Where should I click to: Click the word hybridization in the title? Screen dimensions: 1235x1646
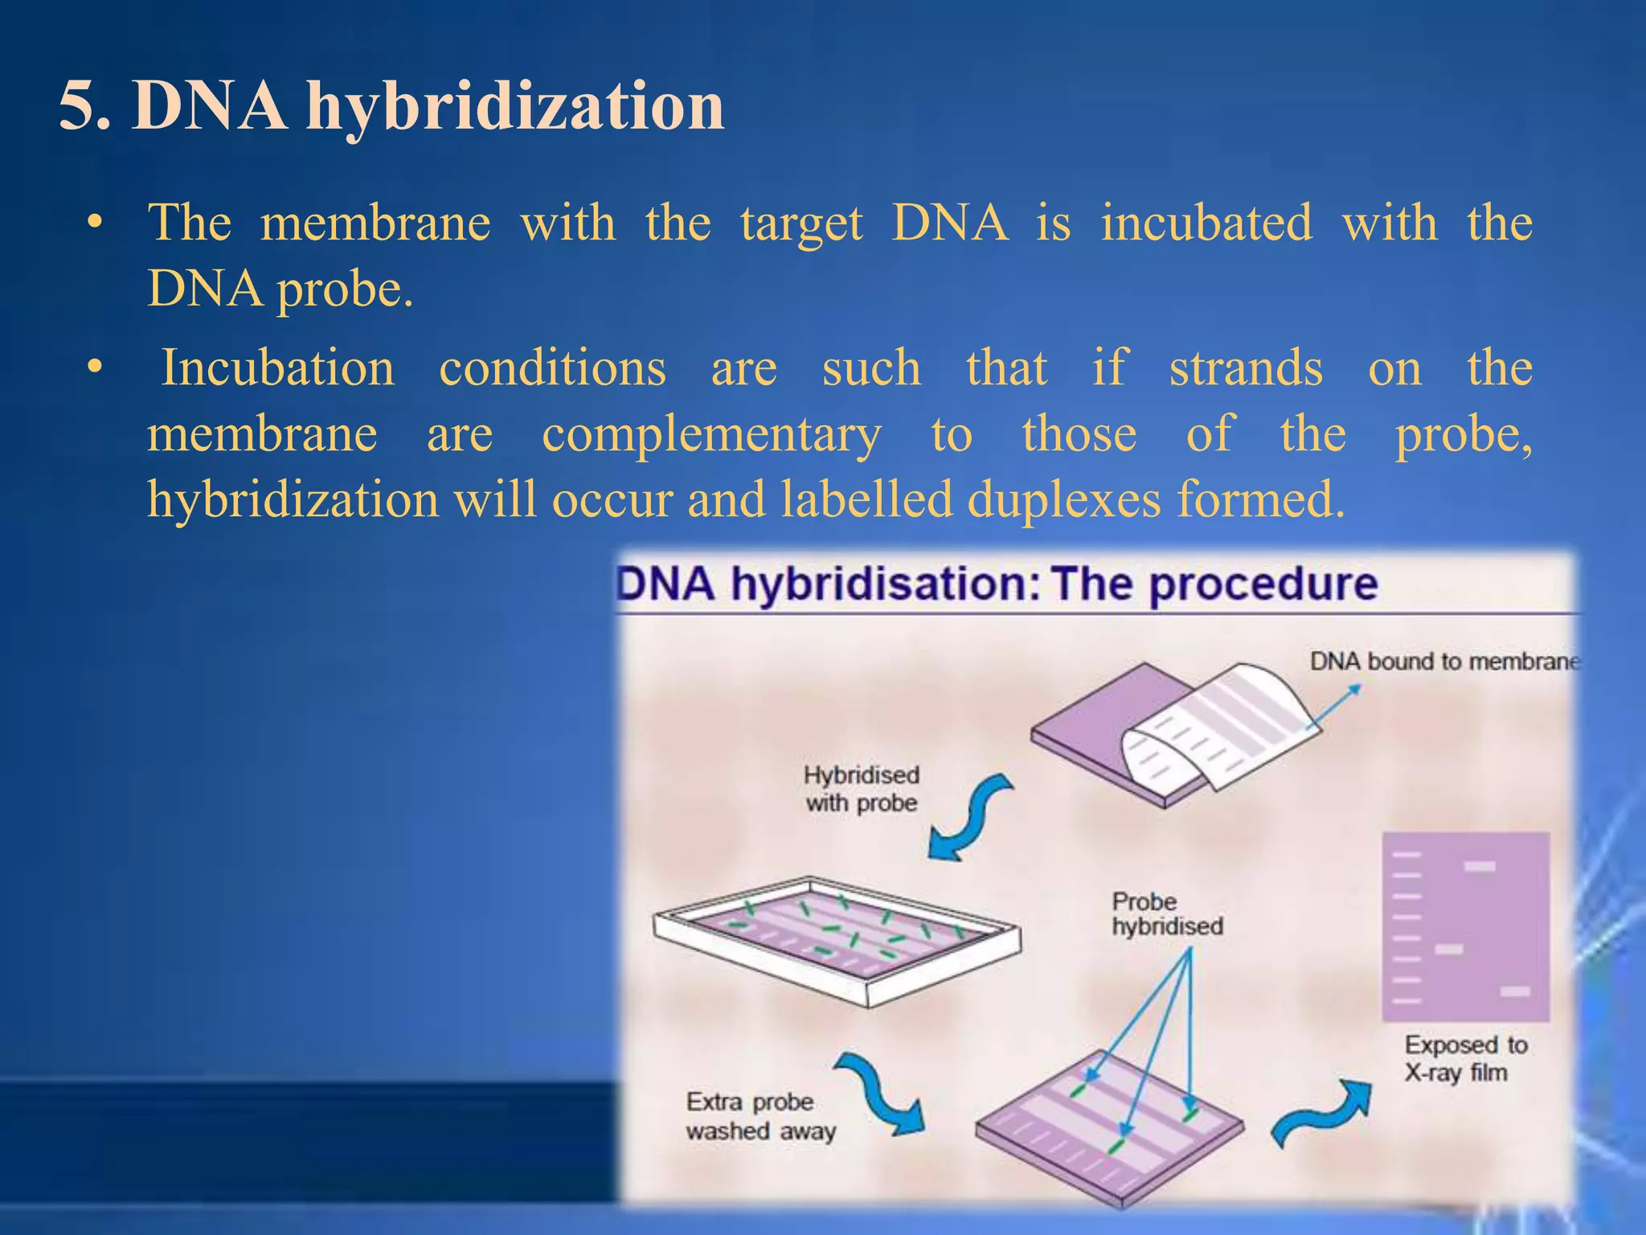[x=514, y=106]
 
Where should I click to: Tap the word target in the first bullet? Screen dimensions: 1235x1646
[x=801, y=223]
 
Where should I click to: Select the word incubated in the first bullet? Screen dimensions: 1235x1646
[x=1206, y=223]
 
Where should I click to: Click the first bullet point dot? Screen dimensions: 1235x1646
[x=96, y=223]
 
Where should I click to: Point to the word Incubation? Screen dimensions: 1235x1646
[x=278, y=368]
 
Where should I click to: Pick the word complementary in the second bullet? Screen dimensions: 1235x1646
[x=711, y=434]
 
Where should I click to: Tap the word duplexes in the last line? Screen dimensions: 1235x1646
[x=1064, y=499]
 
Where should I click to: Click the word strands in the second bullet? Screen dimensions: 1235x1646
[x=1246, y=368]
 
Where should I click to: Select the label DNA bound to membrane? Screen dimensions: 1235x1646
[x=1443, y=662]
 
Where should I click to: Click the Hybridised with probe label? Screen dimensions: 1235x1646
[x=861, y=789]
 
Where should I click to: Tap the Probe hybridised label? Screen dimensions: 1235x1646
[x=1166, y=914]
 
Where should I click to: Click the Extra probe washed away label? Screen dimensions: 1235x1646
[x=760, y=1116]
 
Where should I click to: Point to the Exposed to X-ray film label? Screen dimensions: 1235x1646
[x=1465, y=1058]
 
